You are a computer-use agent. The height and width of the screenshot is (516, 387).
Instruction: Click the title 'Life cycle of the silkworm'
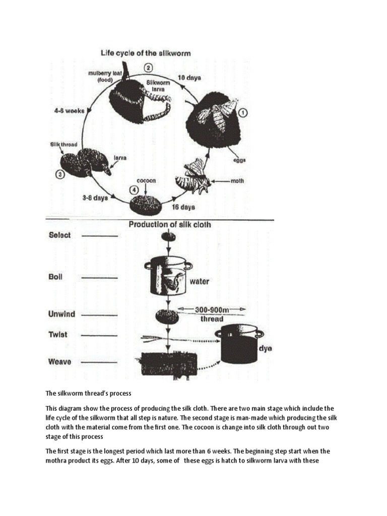click(145, 52)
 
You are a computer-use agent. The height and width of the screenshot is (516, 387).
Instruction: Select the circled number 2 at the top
click(148, 68)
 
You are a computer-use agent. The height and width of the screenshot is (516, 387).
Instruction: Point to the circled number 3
click(59, 175)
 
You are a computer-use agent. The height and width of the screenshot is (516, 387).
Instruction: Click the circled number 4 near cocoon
click(133, 189)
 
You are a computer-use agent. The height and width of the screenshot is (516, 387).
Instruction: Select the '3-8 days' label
click(96, 198)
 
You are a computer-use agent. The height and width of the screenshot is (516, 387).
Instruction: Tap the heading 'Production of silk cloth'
click(170, 225)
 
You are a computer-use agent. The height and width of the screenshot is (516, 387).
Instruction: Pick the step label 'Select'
click(59, 235)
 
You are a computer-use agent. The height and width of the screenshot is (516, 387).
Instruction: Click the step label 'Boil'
click(55, 277)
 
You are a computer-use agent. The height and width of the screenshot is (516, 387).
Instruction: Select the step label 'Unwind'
click(61, 314)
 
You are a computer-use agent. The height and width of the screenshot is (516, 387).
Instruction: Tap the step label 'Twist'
click(57, 335)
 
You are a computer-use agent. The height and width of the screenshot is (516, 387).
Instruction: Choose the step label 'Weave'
click(59, 361)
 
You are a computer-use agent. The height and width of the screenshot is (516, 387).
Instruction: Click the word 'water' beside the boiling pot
click(200, 281)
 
